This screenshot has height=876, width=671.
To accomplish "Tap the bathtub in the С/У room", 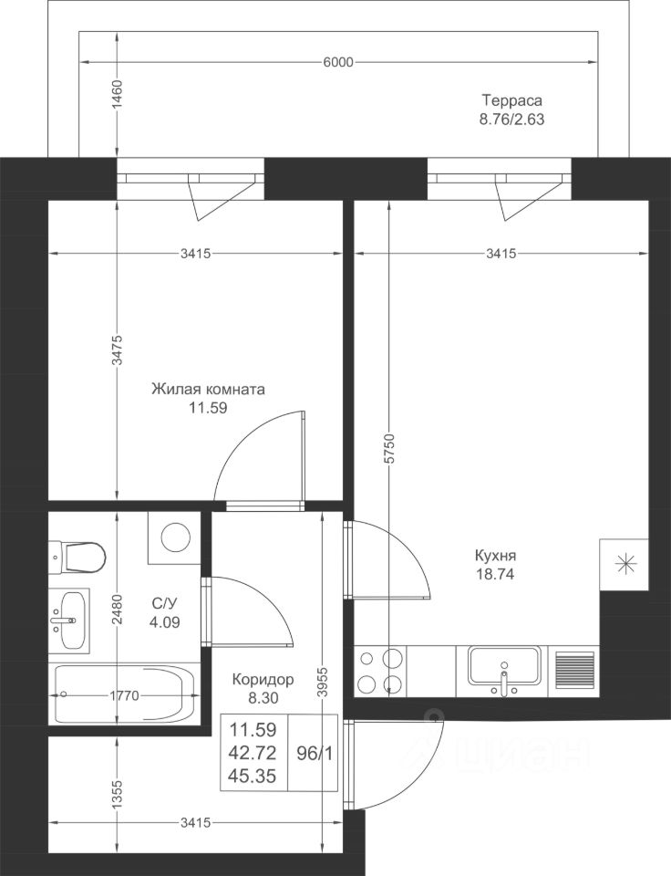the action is pos(124,694).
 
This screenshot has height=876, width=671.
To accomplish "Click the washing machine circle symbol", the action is pos(176,537).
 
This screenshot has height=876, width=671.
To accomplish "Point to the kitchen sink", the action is pos(504,669).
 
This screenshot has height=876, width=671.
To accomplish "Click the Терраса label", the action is pos(511,100).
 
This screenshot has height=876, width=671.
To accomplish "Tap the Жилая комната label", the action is pos(208,390).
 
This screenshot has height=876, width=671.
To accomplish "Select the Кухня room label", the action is pos(495,556).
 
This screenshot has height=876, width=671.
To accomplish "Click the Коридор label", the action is pos(263,679).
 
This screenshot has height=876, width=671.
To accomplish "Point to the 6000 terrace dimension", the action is pos(338,62).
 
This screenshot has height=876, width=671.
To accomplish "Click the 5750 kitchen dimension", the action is pos(389,448).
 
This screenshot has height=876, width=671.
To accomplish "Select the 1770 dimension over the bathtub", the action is pos(124,695).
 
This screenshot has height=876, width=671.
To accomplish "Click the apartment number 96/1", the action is pos(315,754).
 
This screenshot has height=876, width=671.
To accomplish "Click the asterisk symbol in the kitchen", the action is pos(625,564).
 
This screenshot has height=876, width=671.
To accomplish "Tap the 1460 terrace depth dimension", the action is pos(117,95).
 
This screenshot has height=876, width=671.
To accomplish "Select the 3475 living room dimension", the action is pos(117,350).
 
